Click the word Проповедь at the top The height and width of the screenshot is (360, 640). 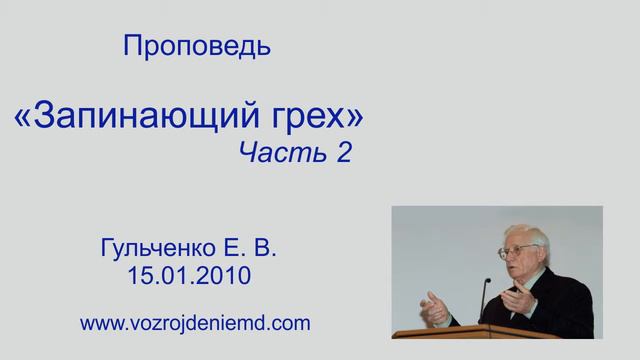tap(196, 45)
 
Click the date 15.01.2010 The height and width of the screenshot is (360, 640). tap(195, 273)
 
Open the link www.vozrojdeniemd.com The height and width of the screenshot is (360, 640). tap(195, 322)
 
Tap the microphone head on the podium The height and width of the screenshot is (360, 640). tap(486, 283)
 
